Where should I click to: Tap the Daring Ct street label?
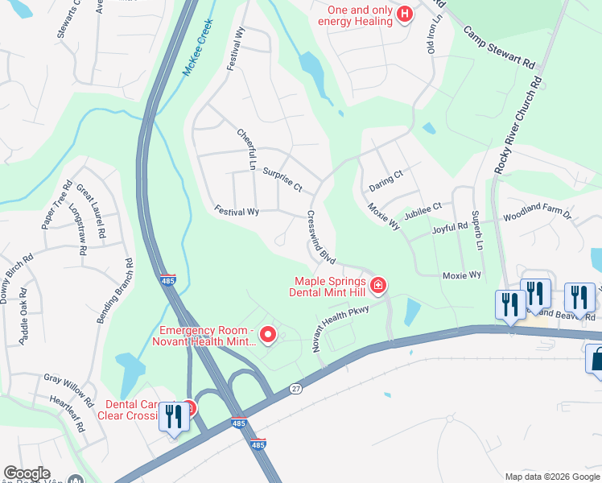click(x=386, y=180)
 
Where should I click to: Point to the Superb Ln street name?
click(x=476, y=229)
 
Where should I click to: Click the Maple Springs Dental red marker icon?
click(x=378, y=285)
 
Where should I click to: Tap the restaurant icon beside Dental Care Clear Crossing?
click(x=174, y=418)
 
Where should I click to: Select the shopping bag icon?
click(x=596, y=359)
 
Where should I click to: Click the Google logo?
click(x=27, y=473)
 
